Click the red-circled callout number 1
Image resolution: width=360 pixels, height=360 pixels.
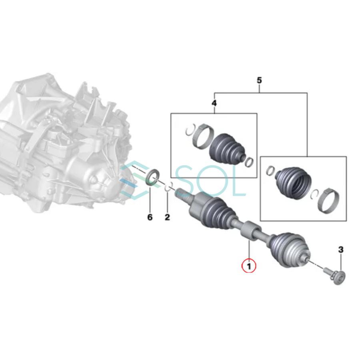pos(249,265)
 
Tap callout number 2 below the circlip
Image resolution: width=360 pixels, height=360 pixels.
pos(167,217)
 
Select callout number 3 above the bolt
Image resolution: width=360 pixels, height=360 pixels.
pos(340,250)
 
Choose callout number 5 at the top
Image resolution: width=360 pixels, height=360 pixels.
pos(259,81)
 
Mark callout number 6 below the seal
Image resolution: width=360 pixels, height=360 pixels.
pos(150,217)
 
